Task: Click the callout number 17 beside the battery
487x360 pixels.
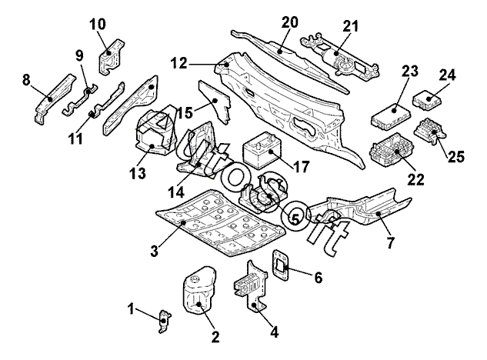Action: pos(300,165)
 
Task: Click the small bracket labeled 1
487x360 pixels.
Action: pos(163,320)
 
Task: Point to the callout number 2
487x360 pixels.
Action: pos(215,336)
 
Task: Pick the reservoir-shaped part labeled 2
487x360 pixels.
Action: pos(199,292)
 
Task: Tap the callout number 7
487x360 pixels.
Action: pos(390,243)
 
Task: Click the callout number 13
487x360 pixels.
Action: pos(137,175)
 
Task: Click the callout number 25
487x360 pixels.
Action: pos(456,156)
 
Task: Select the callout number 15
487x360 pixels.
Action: pos(185,113)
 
